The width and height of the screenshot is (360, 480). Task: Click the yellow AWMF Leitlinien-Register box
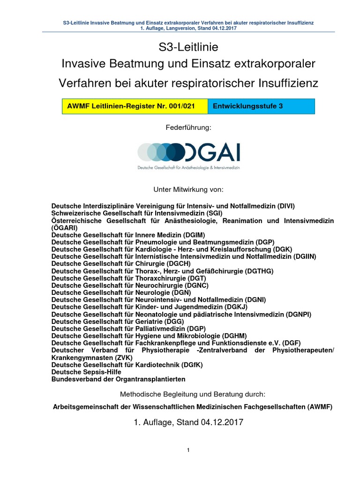click(x=135, y=106)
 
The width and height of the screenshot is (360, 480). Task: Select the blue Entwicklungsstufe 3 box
click(x=261, y=106)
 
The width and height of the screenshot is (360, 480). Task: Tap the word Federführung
click(x=188, y=127)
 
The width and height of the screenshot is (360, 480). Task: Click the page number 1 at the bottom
click(x=188, y=450)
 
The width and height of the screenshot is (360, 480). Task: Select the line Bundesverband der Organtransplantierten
click(x=119, y=379)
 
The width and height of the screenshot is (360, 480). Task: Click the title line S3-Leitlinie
click(x=188, y=47)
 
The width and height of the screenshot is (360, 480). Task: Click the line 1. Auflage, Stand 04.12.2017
click(x=188, y=422)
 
